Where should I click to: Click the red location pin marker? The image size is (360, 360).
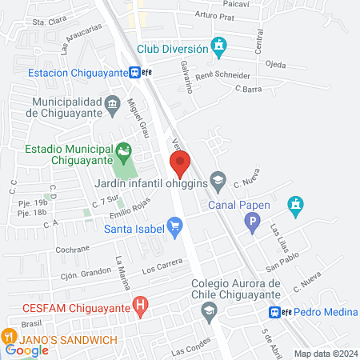pos(181,163)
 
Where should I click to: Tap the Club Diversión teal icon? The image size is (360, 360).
pos(218,48)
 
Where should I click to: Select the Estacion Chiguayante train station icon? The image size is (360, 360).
pos(137,72)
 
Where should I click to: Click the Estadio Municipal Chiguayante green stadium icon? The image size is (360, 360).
pos(123,150)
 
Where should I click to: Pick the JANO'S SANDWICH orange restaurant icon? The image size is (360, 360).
pos(10,337)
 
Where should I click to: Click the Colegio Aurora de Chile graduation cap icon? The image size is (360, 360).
pos(208,309)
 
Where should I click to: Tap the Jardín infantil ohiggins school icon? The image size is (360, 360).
pos(218,178)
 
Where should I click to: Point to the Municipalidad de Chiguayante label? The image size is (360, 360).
pos(77,109)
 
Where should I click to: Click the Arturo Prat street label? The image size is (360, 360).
pos(214,15)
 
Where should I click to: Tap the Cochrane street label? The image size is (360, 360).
pos(73,250)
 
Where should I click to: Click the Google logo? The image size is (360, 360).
pos(27,350)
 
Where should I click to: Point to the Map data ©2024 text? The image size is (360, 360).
pos(326,354)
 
